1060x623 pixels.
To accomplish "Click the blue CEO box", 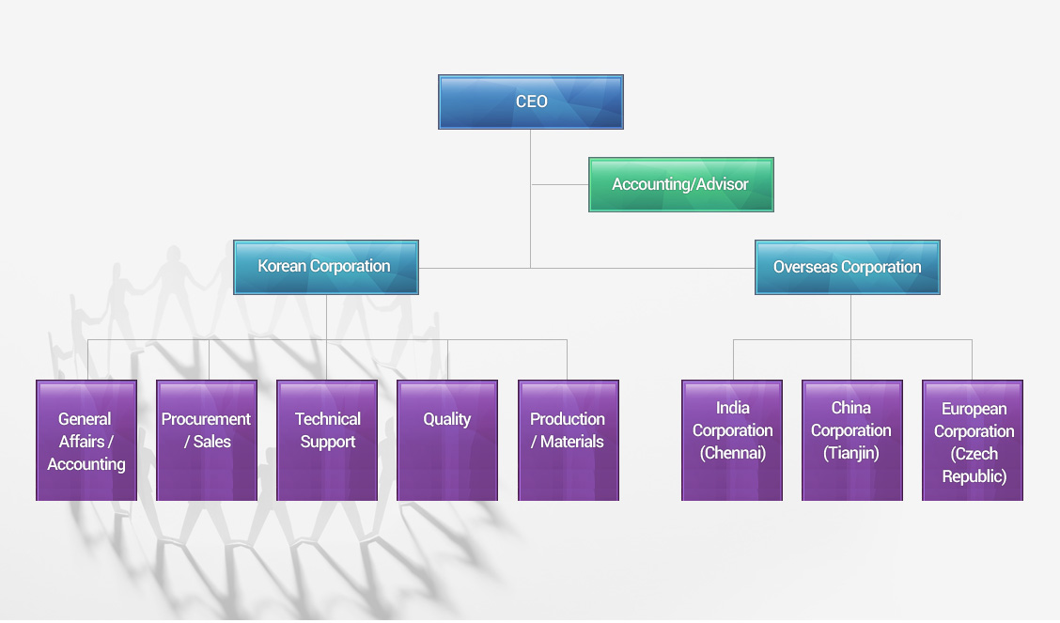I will click(x=531, y=101).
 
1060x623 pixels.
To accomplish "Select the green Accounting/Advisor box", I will click(x=680, y=184).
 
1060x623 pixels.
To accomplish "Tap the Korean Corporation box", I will click(x=325, y=267).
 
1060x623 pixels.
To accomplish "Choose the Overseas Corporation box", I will click(x=847, y=267).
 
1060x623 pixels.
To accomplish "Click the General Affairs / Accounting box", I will click(x=86, y=440).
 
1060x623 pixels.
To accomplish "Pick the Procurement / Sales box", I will click(x=207, y=440).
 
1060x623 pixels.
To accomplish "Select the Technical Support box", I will click(x=327, y=440).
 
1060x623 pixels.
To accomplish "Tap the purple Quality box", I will click(x=447, y=440).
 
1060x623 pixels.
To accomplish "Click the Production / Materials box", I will click(x=568, y=440).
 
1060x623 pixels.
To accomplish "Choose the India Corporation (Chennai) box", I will click(x=732, y=440).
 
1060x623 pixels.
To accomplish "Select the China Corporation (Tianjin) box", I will click(x=851, y=440).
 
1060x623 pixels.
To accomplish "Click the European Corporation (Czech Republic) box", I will click(x=973, y=440).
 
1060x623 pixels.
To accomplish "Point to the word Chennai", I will click(x=733, y=453).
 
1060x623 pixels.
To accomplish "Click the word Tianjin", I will click(x=851, y=453).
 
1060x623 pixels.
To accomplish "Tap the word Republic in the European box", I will click(x=974, y=476).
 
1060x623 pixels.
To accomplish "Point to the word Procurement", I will click(x=206, y=419).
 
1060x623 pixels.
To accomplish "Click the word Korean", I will click(x=282, y=267).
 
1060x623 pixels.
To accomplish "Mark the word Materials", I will click(x=572, y=442).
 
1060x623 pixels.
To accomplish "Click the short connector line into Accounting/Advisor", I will click(x=560, y=184).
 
